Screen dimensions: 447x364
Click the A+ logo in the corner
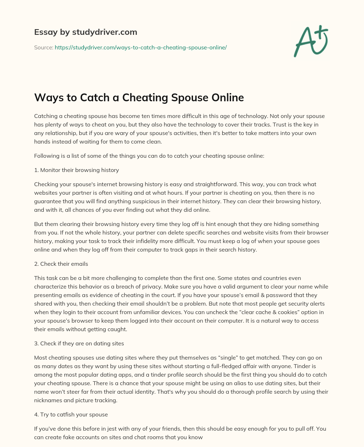pos(311,41)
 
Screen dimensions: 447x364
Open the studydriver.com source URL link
pos(140,47)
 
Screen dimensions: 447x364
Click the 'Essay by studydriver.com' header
pos(85,32)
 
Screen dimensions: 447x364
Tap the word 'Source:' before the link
pos(44,47)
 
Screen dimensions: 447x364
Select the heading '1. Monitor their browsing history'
pos(76,170)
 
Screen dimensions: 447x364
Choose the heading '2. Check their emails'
pos(61,264)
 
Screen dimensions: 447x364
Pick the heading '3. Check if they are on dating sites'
pos(79,343)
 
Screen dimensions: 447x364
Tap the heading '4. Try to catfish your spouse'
pos(71,414)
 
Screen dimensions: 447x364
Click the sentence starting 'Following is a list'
pos(149,156)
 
